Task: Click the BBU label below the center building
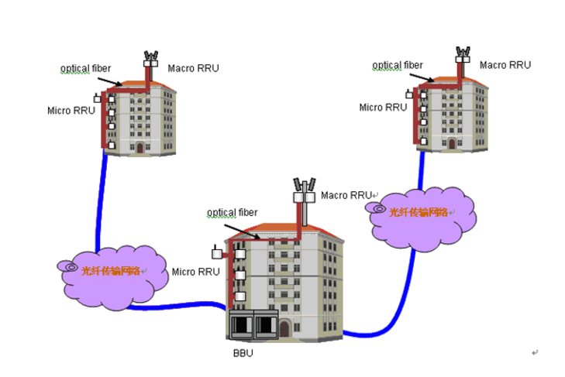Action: click(243, 354)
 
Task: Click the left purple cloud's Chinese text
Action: click(112, 270)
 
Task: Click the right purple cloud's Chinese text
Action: click(419, 211)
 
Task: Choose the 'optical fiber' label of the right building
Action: click(398, 65)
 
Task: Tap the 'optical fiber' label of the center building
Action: click(233, 212)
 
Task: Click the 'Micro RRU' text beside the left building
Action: click(71, 111)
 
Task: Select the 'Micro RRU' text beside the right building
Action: click(383, 108)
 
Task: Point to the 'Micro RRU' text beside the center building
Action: click(195, 272)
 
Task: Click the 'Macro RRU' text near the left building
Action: click(193, 68)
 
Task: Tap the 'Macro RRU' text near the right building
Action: click(505, 65)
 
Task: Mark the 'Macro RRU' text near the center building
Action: click(346, 196)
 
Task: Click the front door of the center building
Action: click(284, 328)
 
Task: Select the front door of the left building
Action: click(140, 146)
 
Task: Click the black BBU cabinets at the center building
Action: click(253, 324)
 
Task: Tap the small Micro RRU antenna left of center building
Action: click(216, 252)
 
